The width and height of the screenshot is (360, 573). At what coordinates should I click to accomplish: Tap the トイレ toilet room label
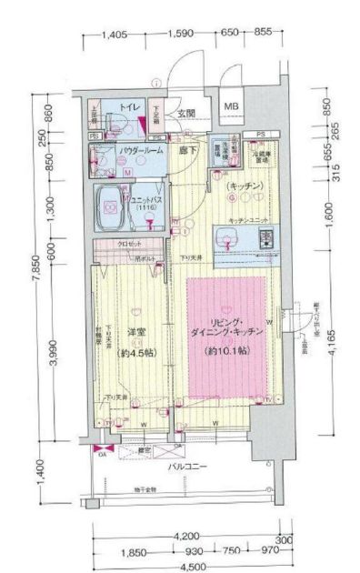130,108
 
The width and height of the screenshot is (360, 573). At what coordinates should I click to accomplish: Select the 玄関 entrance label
186,113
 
